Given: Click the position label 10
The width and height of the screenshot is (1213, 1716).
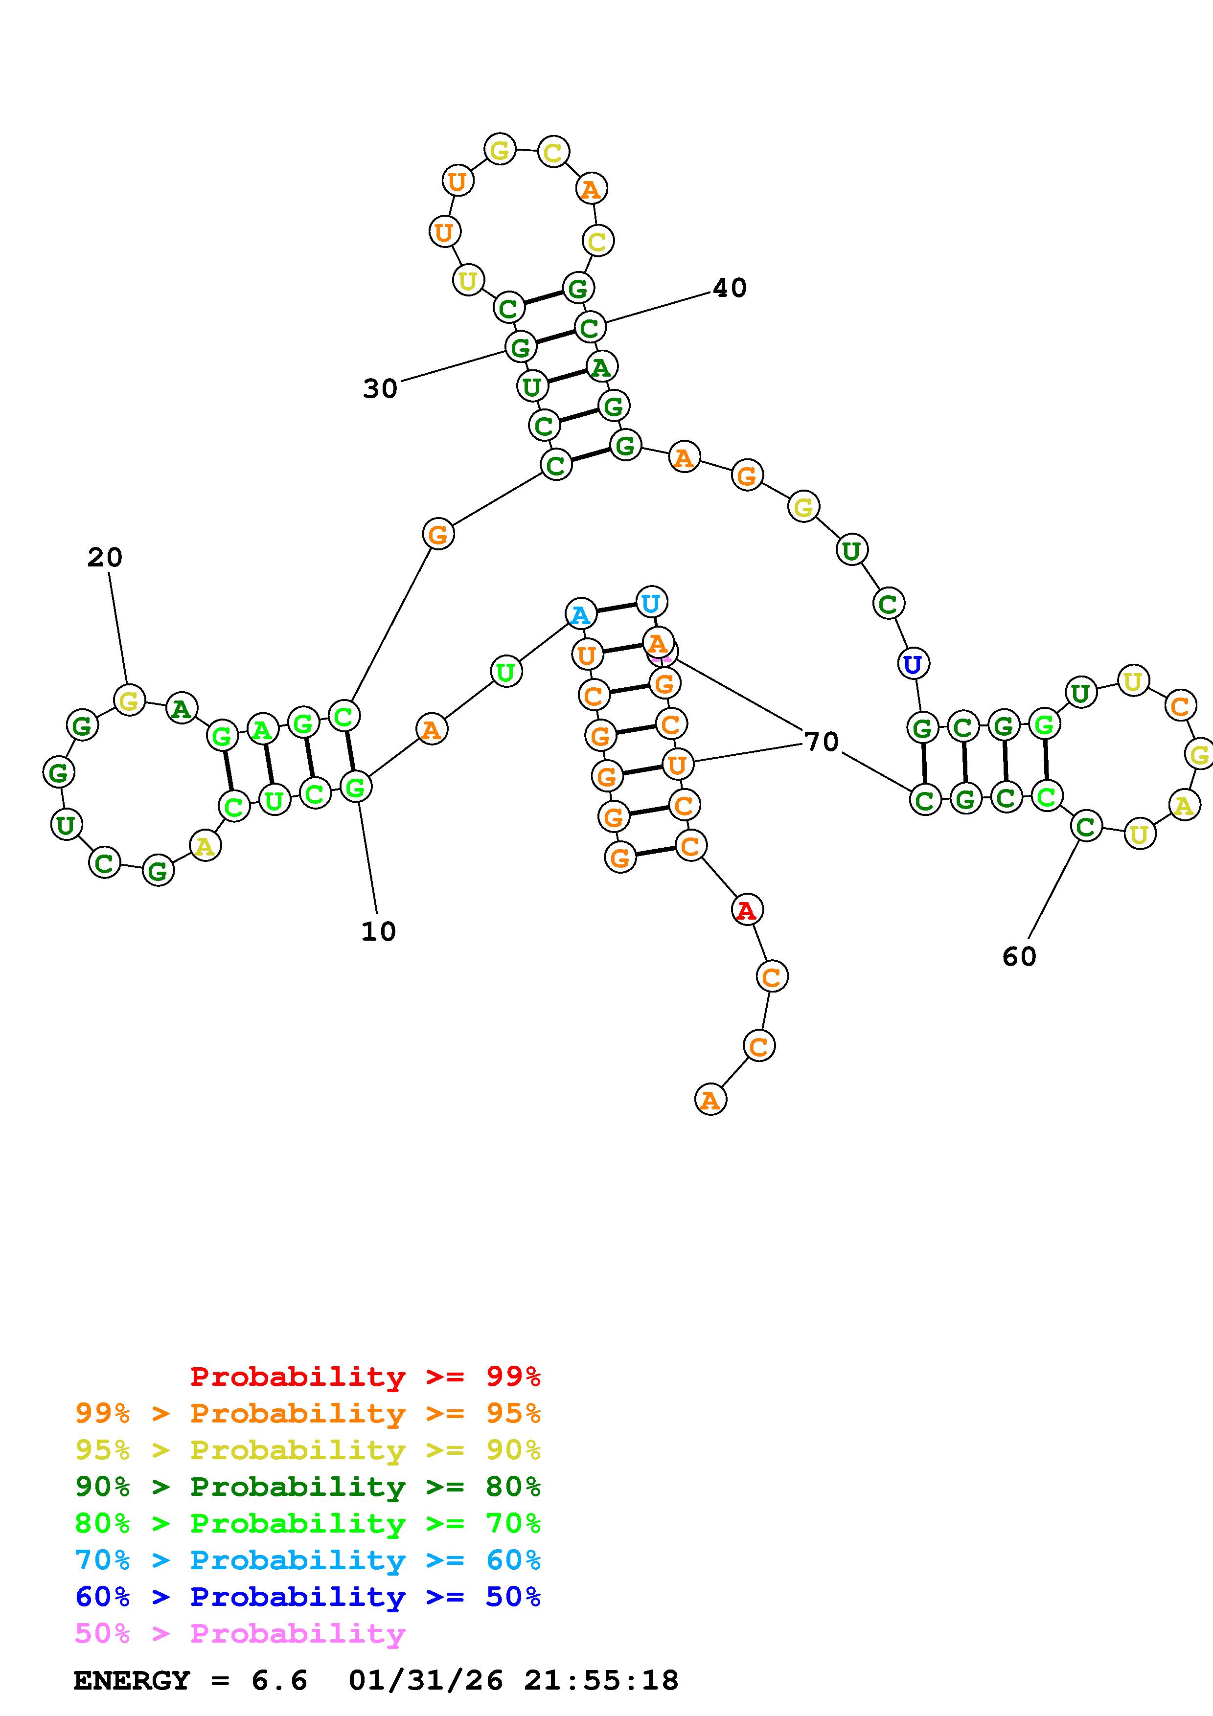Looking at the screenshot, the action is click(378, 931).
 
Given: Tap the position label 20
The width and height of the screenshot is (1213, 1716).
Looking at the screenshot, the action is click(105, 558).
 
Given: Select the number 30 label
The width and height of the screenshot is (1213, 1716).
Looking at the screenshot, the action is click(380, 388).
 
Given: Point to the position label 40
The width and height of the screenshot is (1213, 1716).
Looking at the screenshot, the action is click(730, 288).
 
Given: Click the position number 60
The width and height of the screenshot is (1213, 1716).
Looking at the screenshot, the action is click(1019, 957).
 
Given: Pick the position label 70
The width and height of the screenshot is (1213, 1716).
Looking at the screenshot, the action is click(822, 742).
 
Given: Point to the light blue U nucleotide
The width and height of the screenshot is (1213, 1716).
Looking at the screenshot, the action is click(651, 602).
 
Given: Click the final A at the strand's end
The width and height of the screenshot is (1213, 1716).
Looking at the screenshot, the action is click(710, 1100).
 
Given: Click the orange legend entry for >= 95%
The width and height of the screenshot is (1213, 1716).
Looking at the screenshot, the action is click(308, 1413).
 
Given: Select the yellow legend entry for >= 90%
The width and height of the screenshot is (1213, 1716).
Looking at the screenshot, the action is click(308, 1450).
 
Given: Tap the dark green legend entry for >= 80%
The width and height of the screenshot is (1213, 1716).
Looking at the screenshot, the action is click(308, 1487).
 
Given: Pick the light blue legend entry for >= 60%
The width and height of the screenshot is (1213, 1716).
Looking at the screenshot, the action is click(308, 1560).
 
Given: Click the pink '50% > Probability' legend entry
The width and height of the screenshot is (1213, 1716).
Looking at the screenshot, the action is click(240, 1633).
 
